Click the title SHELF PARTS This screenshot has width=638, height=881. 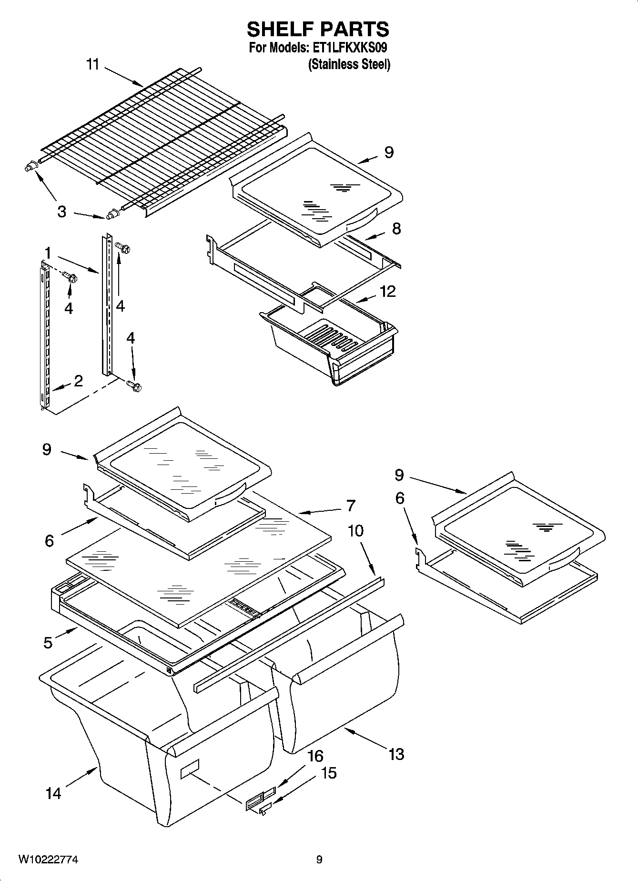point(318,30)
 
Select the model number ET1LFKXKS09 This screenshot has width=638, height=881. point(350,48)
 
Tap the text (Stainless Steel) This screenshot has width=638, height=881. point(349,64)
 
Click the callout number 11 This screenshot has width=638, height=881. point(92,64)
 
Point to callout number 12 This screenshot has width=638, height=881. point(388,291)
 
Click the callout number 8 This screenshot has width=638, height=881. point(396,229)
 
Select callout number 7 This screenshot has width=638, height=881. point(351,506)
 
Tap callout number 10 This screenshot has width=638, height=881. point(355,530)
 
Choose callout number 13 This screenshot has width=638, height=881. point(396,754)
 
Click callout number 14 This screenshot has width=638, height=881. point(53,793)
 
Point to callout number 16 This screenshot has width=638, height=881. point(315,756)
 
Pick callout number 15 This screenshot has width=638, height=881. point(329,773)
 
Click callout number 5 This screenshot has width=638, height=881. point(48,643)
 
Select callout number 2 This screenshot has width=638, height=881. point(78,380)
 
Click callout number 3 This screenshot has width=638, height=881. point(61,212)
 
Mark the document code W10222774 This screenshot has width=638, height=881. point(48,860)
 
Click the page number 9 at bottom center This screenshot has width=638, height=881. point(319,860)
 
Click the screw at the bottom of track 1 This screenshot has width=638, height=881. point(134,386)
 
